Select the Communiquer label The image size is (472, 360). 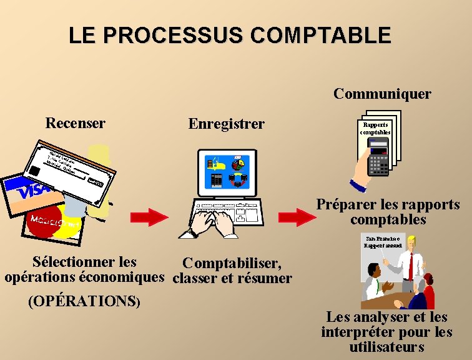click(x=382, y=94)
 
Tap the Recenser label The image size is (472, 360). click(x=75, y=123)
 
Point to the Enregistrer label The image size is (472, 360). click(x=226, y=124)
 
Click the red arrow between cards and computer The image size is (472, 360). click(x=149, y=217)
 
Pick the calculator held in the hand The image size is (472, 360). click(x=379, y=159)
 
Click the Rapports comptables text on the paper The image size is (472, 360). click(x=377, y=129)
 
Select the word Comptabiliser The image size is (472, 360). click(x=232, y=263)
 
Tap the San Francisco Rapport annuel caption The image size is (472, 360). click(x=384, y=241)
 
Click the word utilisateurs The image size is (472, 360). click(x=386, y=347)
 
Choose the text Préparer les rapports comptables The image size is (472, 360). click(x=388, y=212)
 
